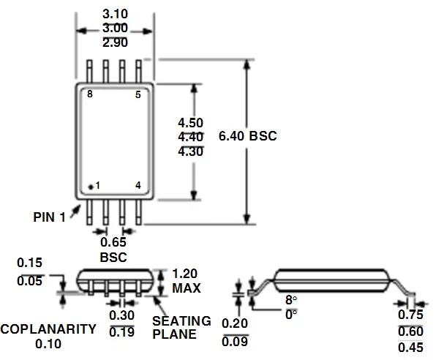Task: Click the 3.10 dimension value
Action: point(115,14)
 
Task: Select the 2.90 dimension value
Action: point(115,42)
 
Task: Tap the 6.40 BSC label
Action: point(248,136)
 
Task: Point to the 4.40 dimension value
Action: point(191,137)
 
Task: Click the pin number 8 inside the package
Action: point(90,94)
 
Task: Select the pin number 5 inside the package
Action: point(138,94)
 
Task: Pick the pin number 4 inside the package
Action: point(138,185)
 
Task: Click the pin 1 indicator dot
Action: point(91,187)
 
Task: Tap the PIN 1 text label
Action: point(49,217)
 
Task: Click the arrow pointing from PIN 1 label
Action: point(75,211)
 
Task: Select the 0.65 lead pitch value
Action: point(113,242)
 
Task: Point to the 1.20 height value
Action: point(184,274)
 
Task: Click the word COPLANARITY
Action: point(48,329)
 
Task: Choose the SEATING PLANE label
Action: point(181,328)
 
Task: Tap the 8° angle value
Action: point(291,300)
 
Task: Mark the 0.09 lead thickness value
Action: point(235,342)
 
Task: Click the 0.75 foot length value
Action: point(410,315)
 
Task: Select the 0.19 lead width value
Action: point(121,332)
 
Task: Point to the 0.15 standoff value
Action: point(29,263)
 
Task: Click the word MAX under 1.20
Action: point(187,288)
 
